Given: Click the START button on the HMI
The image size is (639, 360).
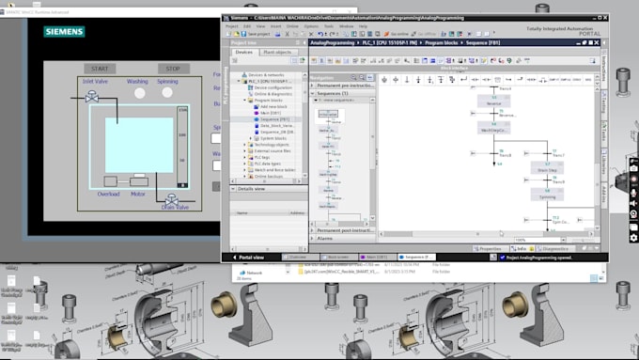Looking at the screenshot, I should pyautogui.click(x=97, y=69).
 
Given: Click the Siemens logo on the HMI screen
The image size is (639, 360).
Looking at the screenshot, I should pyautogui.click(x=65, y=31).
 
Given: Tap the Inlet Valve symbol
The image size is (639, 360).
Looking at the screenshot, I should pyautogui.click(x=92, y=96).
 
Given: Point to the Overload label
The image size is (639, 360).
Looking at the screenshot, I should pyautogui.click(x=109, y=195).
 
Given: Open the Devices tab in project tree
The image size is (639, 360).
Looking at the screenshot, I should pyautogui.click(x=244, y=53).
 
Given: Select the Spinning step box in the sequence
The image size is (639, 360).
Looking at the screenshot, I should pyautogui.click(x=548, y=196).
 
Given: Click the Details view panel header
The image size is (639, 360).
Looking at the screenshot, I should pyautogui.click(x=253, y=189).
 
